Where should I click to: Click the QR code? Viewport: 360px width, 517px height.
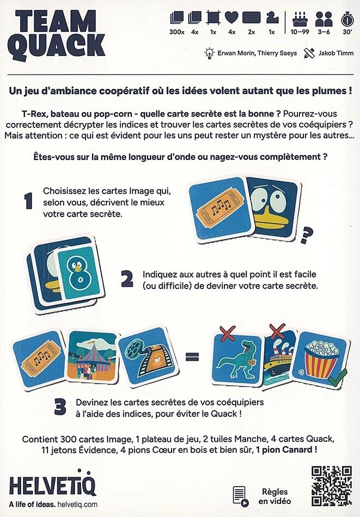(332, 485)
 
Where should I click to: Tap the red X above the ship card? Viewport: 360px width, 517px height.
(277, 331)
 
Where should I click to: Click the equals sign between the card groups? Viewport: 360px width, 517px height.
(192, 356)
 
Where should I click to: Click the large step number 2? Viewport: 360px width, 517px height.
(127, 279)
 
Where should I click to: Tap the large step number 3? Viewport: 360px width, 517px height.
(60, 407)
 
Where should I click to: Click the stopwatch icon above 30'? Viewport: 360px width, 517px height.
(347, 19)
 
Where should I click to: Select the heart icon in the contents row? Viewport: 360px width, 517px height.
(231, 18)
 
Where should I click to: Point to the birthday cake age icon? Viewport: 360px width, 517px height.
(300, 19)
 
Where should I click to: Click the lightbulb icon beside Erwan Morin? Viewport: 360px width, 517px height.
(209, 53)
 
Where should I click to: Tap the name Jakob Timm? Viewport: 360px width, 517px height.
(336, 53)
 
